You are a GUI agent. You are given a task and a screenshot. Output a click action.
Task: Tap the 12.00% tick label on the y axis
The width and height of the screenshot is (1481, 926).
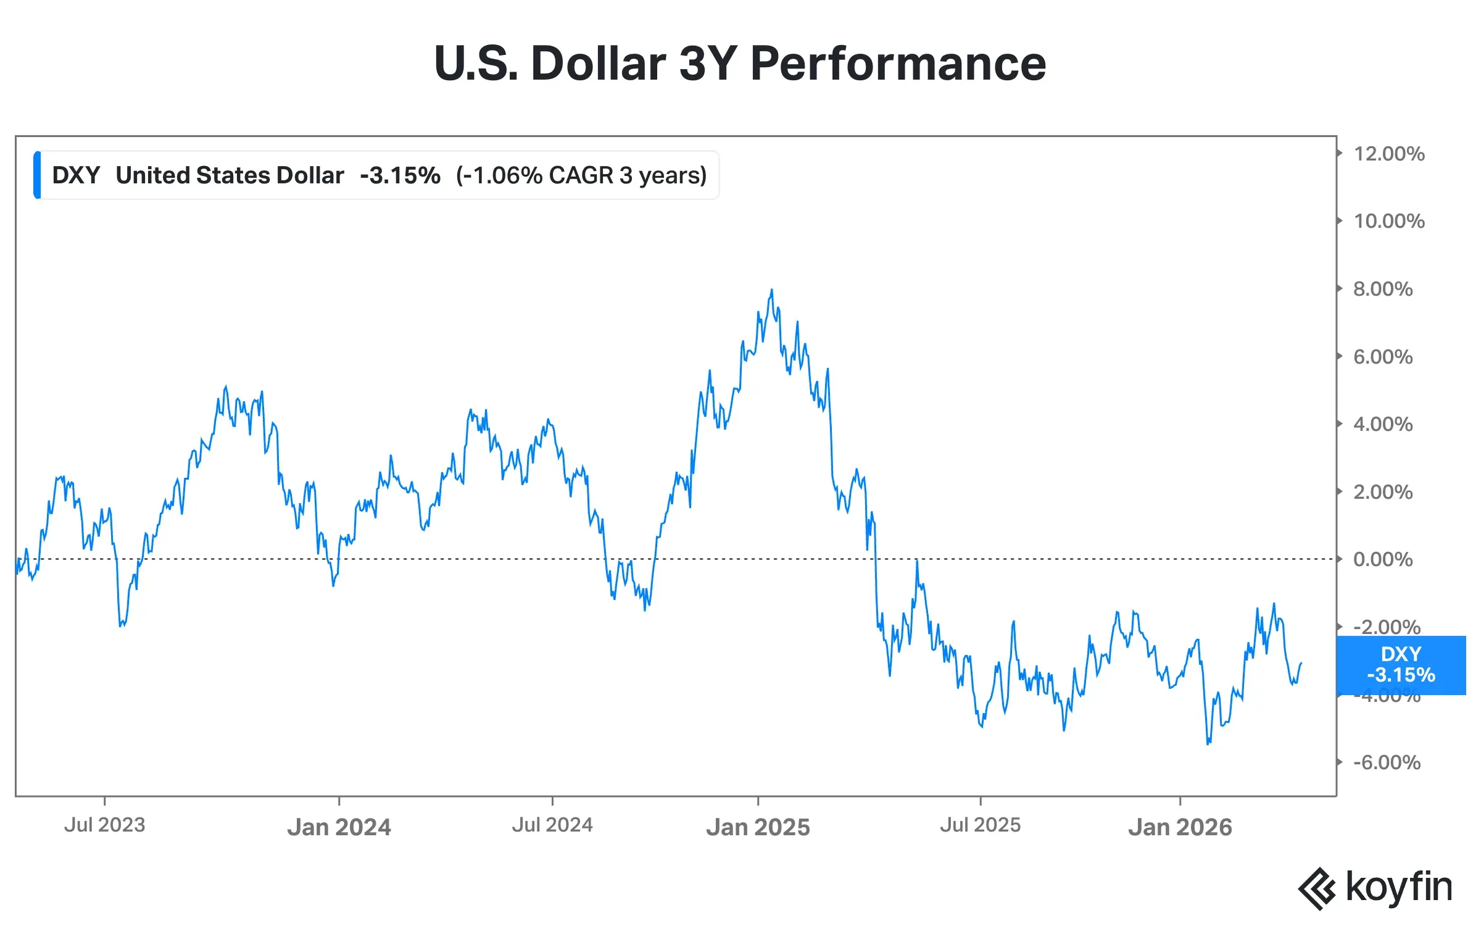1388,154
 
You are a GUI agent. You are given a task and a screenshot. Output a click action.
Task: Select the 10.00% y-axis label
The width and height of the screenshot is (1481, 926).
1388,221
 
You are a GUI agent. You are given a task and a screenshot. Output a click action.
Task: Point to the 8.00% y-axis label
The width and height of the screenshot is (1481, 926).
1382,289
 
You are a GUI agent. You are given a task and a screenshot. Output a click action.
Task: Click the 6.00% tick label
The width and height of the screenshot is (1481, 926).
1382,357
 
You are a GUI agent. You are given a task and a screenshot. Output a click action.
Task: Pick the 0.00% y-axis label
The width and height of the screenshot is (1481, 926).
1382,559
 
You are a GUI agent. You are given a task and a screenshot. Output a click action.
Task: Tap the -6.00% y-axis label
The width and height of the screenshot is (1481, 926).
1387,762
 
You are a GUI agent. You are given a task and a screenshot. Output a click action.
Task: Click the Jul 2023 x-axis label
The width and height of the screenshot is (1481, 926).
105,825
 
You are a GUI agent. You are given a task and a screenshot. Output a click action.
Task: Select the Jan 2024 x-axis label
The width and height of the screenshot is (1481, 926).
339,827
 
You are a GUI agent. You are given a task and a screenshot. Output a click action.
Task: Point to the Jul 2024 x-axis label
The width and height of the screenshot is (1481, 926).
552,825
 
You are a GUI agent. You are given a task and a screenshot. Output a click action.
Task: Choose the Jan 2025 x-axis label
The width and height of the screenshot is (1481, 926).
758,827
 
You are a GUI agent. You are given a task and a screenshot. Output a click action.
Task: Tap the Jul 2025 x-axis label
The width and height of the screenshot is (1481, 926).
980,825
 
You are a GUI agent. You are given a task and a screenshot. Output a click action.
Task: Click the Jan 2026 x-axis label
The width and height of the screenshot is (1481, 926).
1180,827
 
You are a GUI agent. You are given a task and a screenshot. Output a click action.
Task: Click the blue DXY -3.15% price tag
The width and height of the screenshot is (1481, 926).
1401,665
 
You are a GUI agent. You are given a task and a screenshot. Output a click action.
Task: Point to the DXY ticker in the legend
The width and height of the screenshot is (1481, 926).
76,175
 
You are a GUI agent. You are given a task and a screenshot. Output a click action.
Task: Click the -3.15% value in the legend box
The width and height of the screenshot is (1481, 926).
400,175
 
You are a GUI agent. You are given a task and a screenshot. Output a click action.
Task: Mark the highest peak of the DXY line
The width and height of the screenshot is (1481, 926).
771,290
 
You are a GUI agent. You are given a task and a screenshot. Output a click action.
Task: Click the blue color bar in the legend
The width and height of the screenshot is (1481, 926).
38,175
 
